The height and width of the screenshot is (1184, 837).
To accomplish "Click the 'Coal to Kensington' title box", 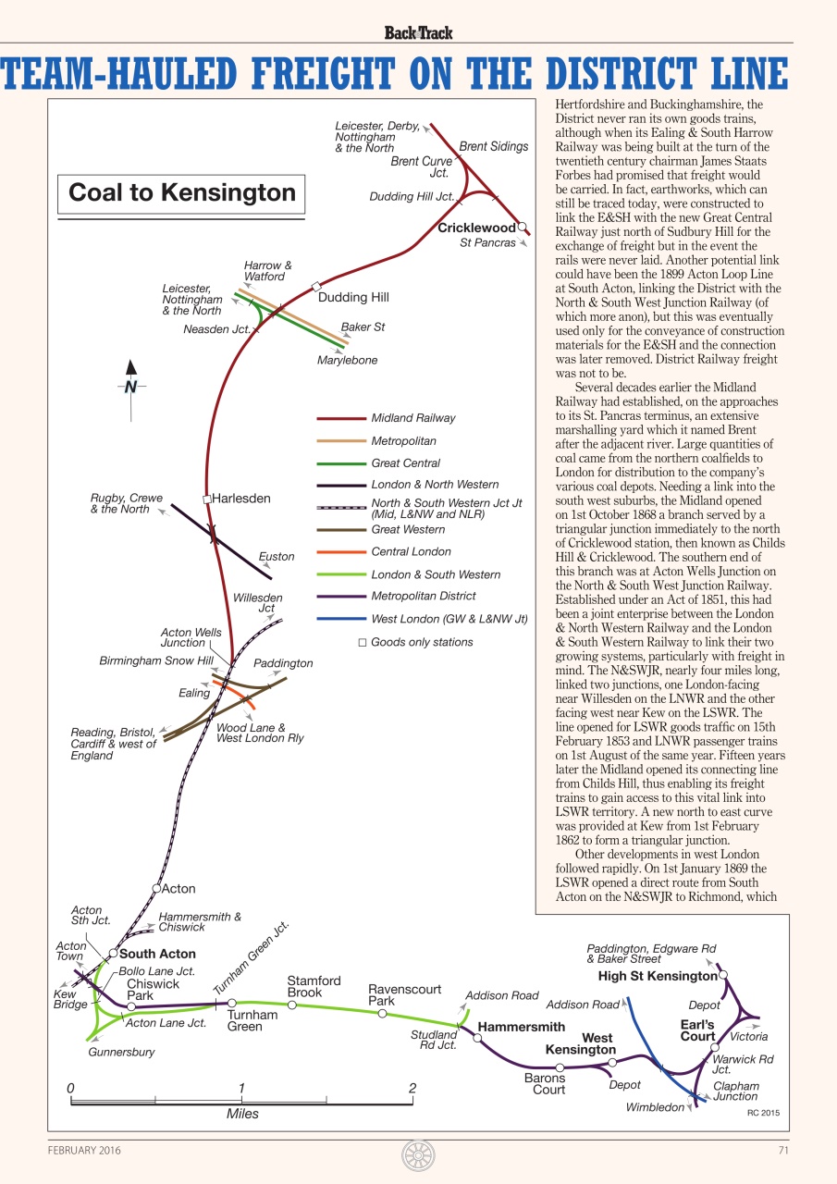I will click(x=182, y=192).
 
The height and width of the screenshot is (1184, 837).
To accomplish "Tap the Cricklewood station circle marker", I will click(x=522, y=226).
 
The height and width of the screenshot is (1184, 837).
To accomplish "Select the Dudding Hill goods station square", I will click(x=315, y=286).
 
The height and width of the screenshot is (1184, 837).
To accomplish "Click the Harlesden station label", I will click(x=241, y=499).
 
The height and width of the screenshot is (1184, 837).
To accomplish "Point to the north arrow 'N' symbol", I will click(x=130, y=387).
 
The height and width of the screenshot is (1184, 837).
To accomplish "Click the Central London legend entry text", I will click(x=411, y=551).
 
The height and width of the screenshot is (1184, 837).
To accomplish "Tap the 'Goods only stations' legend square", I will click(x=363, y=642).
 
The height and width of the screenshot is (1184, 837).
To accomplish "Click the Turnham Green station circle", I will click(x=232, y=1003).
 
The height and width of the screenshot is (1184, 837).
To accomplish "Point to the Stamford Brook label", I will click(x=314, y=986).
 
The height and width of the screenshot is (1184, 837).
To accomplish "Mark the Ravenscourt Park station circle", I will click(x=381, y=1014).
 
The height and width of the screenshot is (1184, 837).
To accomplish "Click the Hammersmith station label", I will click(x=521, y=1027).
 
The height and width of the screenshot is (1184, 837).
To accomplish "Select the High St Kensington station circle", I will click(x=723, y=974).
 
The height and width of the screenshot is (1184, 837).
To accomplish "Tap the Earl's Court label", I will click(x=697, y=1030).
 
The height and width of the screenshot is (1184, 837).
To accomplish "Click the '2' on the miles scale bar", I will click(x=412, y=1088).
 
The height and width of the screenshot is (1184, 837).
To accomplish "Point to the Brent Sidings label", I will click(x=494, y=146).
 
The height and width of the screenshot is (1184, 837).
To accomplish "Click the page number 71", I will click(x=783, y=1150).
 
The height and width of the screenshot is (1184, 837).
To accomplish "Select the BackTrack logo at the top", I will click(x=418, y=33).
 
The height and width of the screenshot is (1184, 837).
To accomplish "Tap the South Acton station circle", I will click(x=113, y=953).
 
